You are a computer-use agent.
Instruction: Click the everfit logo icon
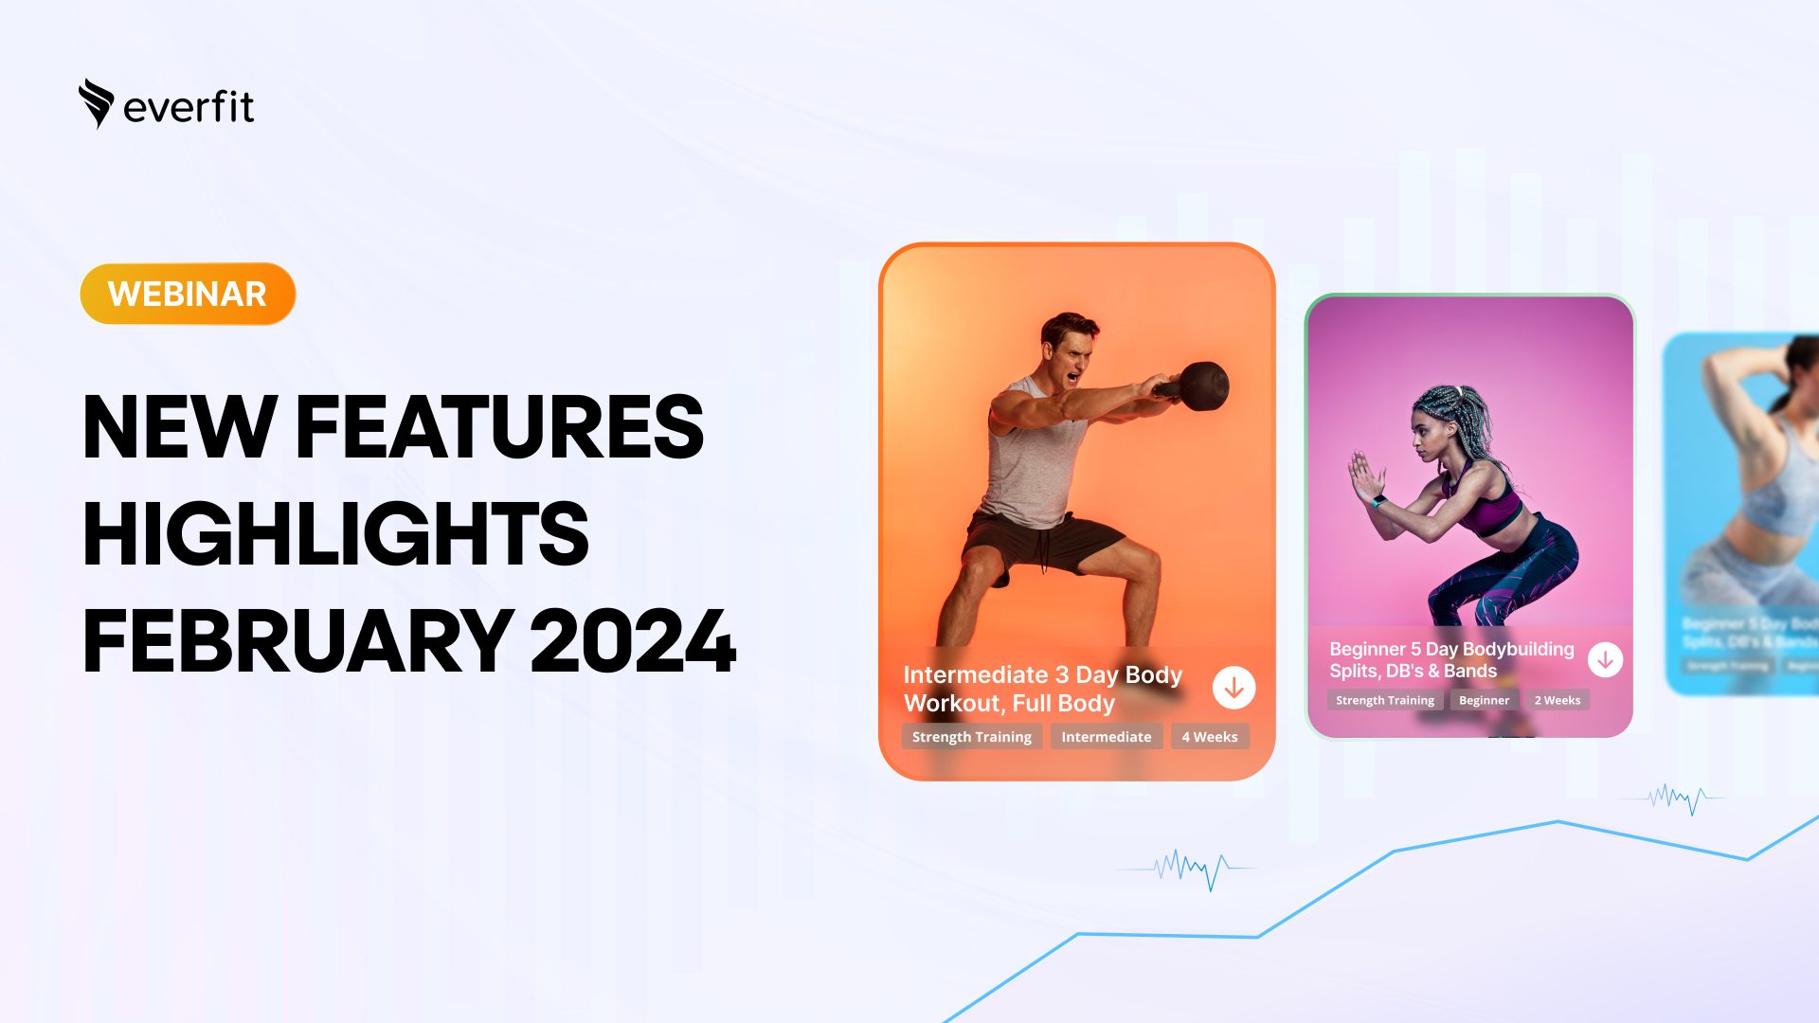click(x=96, y=102)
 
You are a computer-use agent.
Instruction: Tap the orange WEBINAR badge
click(x=188, y=294)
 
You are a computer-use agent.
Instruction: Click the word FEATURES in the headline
click(x=499, y=427)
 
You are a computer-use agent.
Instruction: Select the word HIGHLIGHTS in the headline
click(x=335, y=534)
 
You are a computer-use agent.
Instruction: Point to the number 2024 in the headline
click(x=633, y=642)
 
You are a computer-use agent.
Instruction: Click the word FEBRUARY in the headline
click(x=298, y=642)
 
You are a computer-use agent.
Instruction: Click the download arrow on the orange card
click(x=1234, y=689)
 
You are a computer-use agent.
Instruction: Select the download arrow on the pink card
click(x=1605, y=660)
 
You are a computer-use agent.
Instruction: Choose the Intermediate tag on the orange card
click(x=1106, y=737)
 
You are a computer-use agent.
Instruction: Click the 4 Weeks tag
click(x=1210, y=737)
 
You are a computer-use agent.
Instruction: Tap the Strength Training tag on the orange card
click(x=971, y=737)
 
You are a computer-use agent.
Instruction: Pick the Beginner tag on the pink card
click(x=1484, y=700)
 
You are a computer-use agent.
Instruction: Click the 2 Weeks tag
click(x=1558, y=700)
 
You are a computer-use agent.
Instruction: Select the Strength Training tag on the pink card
click(x=1384, y=700)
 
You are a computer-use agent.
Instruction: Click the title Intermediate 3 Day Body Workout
click(x=1042, y=689)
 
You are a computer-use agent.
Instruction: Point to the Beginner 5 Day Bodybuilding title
click(x=1450, y=659)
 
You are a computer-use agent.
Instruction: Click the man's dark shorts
click(x=1042, y=543)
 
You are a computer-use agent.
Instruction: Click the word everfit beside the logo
click(x=189, y=107)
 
